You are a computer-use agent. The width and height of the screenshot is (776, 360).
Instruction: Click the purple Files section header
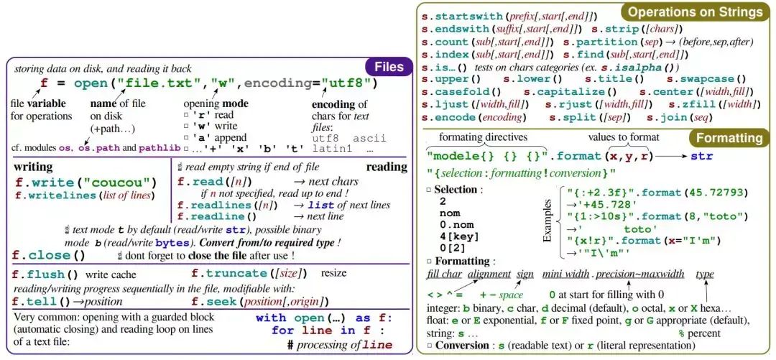(389, 67)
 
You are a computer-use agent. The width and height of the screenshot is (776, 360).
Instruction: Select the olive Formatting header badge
(727, 138)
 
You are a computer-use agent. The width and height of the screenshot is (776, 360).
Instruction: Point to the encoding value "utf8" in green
(350, 83)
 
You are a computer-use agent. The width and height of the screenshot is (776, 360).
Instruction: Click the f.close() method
(49, 255)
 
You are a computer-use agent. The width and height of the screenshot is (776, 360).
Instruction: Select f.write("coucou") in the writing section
(86, 183)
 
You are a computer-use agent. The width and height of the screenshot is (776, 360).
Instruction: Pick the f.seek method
(216, 301)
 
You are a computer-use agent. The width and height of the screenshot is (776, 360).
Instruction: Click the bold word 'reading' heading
(387, 167)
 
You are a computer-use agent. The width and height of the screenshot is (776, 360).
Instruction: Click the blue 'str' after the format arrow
(702, 155)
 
